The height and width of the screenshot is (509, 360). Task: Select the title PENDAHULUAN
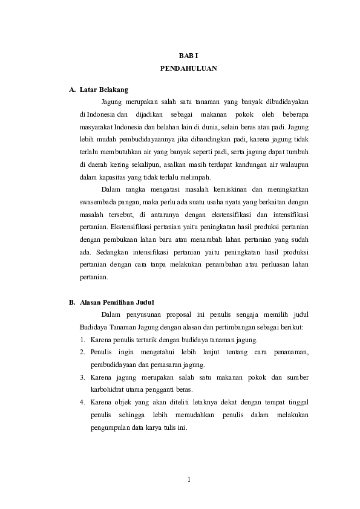pos(188,69)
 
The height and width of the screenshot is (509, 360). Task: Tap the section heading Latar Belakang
pos(103,89)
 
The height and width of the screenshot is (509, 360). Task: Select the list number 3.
pos(82,378)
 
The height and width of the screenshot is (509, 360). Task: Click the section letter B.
pos(71,302)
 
